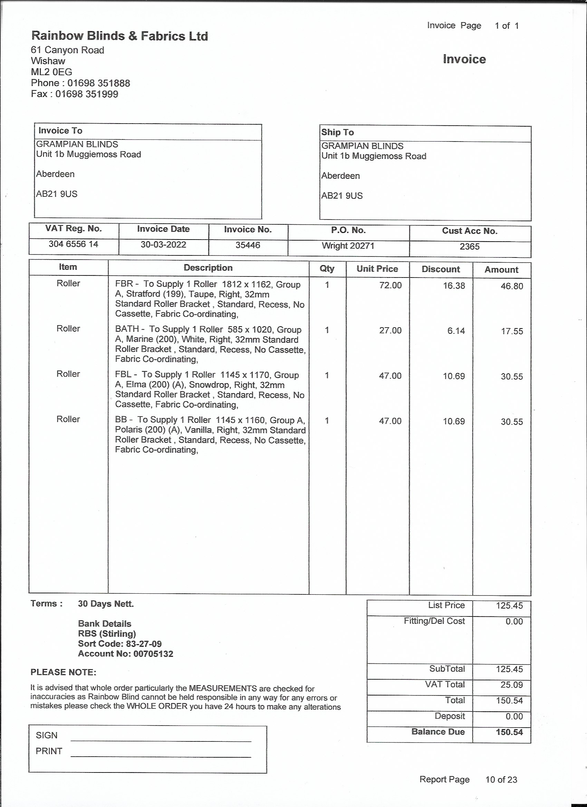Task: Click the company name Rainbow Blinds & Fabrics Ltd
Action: click(119, 36)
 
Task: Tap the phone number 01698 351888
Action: click(99, 83)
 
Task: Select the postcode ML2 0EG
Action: click(51, 72)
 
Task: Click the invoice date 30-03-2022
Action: click(163, 245)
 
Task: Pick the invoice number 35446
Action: click(248, 245)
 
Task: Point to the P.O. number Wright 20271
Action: click(348, 246)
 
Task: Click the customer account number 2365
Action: click(469, 246)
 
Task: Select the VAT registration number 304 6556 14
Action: click(73, 244)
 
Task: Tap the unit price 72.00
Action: click(390, 285)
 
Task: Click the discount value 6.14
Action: click(456, 331)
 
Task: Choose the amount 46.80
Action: click(511, 286)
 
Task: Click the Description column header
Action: click(208, 268)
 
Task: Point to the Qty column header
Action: click(327, 269)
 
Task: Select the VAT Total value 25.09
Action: click(511, 684)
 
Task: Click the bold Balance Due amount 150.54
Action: click(509, 732)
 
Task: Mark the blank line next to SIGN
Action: click(161, 740)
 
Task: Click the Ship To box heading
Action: click(337, 132)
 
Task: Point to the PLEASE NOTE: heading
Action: click(64, 672)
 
